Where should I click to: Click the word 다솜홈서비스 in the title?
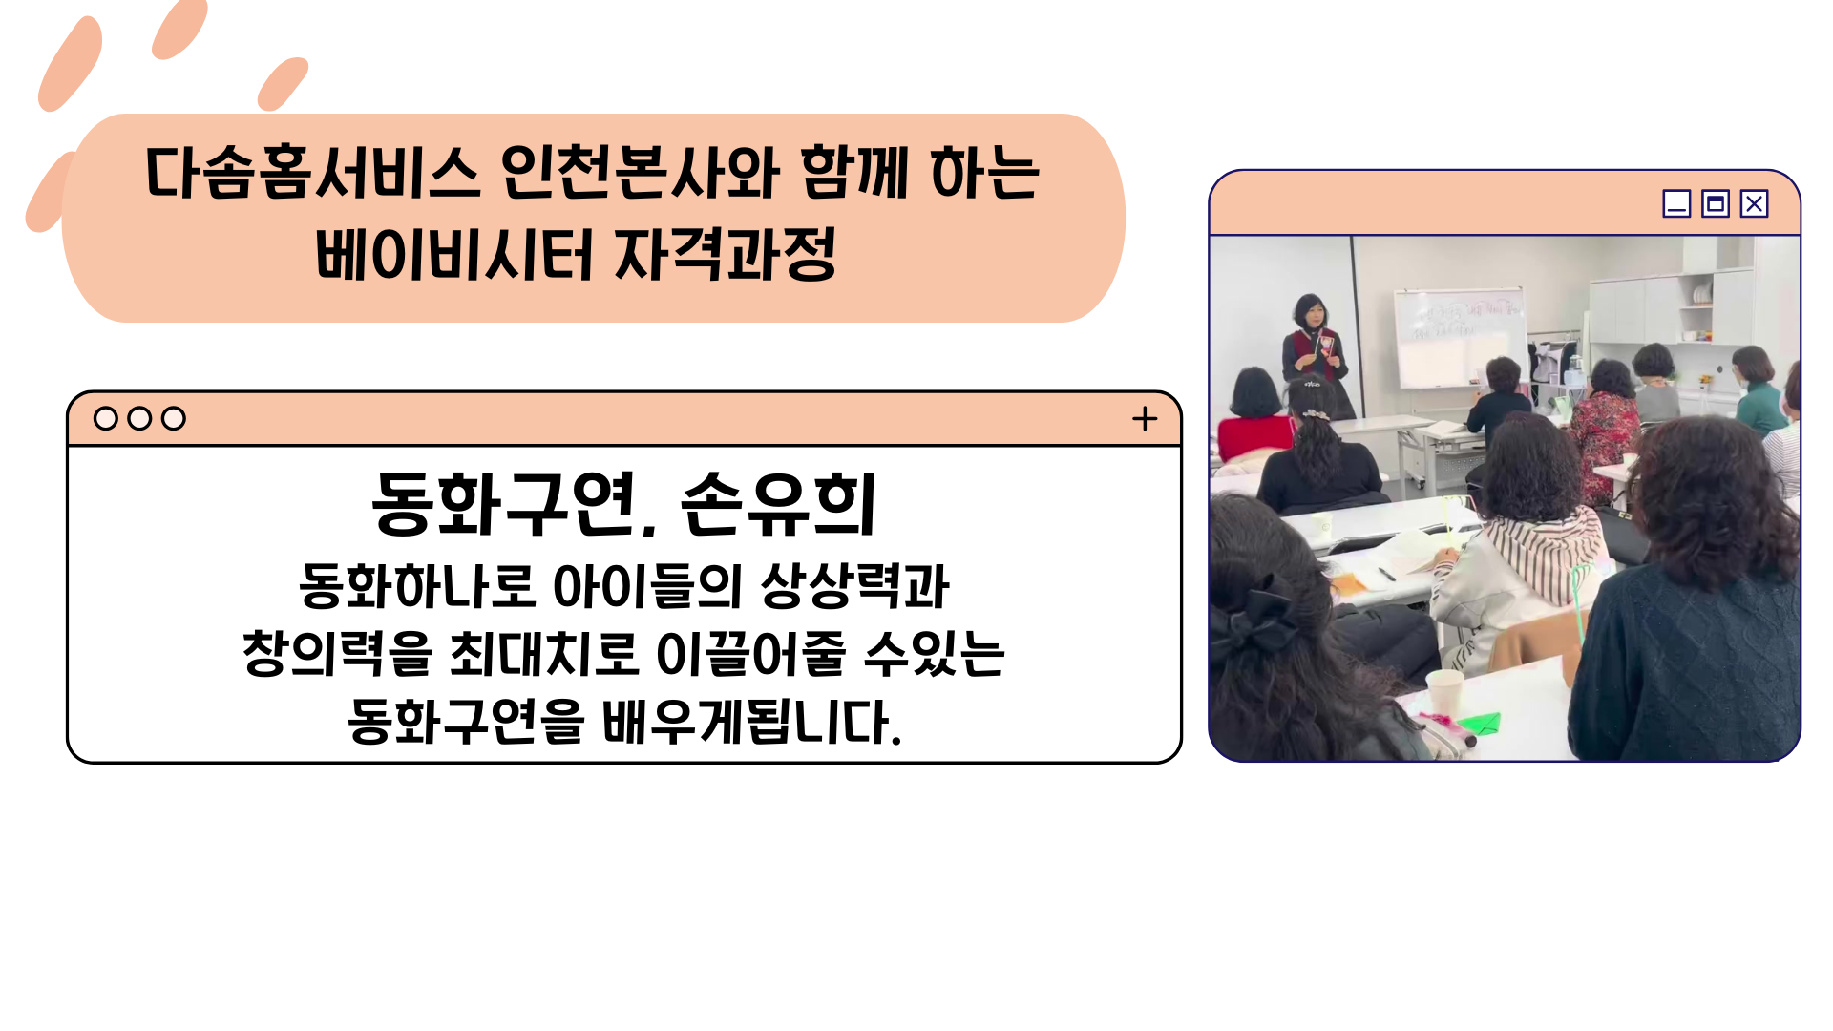pyautogui.click(x=312, y=173)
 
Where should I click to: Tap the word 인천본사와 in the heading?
pyautogui.click(x=640, y=173)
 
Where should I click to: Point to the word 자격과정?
pyautogui.click(x=726, y=254)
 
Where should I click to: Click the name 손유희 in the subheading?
pyautogui.click(x=778, y=504)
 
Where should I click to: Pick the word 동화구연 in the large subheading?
pyautogui.click(x=503, y=504)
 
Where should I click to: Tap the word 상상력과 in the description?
pyautogui.click(x=855, y=585)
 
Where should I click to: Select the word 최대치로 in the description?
pyautogui.click(x=543, y=653)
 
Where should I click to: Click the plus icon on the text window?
pyautogui.click(x=1145, y=418)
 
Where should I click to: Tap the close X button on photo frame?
pyautogui.click(x=1754, y=203)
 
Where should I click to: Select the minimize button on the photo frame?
pyautogui.click(x=1676, y=203)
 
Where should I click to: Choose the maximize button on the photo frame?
pyautogui.click(x=1716, y=203)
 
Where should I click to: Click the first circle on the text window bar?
pyautogui.click(x=106, y=418)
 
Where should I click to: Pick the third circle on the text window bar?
pyautogui.click(x=174, y=418)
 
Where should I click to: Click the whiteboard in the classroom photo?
pyautogui.click(x=1458, y=336)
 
